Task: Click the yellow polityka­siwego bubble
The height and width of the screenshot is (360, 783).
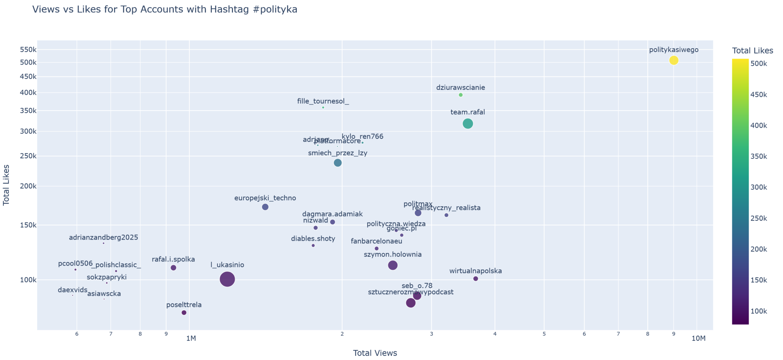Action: pyautogui.click(x=674, y=60)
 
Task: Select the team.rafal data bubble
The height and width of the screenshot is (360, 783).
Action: pyautogui.click(x=468, y=124)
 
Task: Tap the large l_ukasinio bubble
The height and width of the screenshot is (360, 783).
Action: pyautogui.click(x=227, y=279)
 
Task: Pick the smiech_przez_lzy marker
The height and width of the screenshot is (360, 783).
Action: pyautogui.click(x=338, y=163)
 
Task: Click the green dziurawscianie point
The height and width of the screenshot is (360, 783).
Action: pyautogui.click(x=460, y=95)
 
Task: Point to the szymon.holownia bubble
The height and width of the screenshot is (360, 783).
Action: pyautogui.click(x=393, y=265)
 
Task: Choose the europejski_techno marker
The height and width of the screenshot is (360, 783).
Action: pyautogui.click(x=265, y=207)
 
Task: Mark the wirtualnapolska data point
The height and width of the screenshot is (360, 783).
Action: pyautogui.click(x=476, y=279)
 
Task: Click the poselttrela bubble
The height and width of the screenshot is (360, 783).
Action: pyautogui.click(x=184, y=313)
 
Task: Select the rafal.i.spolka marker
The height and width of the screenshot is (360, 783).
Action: pyautogui.click(x=173, y=268)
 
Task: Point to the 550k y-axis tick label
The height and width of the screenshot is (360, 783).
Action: pyautogui.click(x=29, y=50)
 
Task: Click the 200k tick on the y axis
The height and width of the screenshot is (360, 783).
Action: pyautogui.click(x=29, y=186)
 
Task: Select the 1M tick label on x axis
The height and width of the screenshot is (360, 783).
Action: pyautogui.click(x=190, y=339)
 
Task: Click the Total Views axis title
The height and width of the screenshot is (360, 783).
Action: pyautogui.click(x=375, y=353)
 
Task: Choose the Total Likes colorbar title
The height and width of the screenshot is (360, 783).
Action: pyautogui.click(x=752, y=51)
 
